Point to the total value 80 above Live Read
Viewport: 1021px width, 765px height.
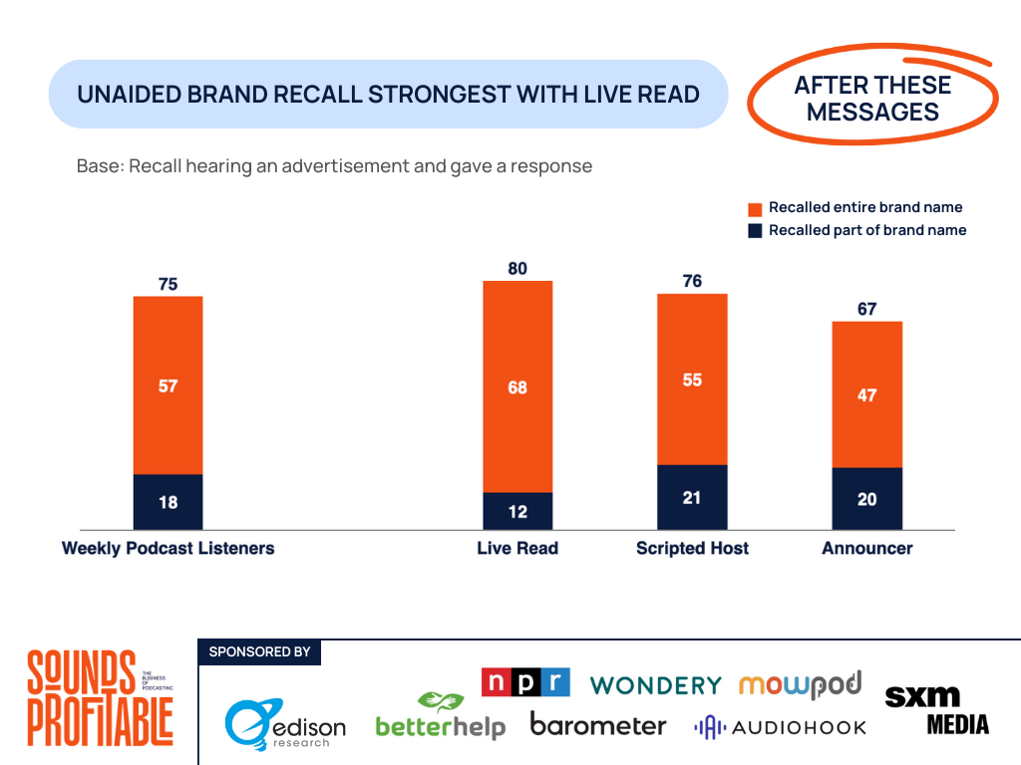click(x=516, y=268)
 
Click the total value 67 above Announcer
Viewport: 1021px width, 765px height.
click(x=866, y=309)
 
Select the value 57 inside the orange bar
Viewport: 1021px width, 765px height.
click(x=168, y=385)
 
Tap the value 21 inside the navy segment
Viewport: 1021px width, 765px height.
click(x=692, y=497)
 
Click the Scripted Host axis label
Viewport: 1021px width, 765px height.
click(x=692, y=548)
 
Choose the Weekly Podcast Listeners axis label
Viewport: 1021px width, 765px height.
click(x=168, y=548)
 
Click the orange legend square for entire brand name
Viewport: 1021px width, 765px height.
click(x=755, y=208)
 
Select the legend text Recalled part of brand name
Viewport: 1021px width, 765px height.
click(x=866, y=230)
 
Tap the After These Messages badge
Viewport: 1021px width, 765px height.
click(x=872, y=99)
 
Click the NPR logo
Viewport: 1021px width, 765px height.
click(x=525, y=682)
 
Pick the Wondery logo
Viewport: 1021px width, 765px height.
click(x=655, y=685)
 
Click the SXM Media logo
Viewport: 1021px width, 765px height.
click(x=936, y=709)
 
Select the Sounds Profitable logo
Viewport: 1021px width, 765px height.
click(x=100, y=697)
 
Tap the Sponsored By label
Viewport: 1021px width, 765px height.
click(x=259, y=652)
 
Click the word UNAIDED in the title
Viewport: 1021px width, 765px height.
click(x=129, y=95)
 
